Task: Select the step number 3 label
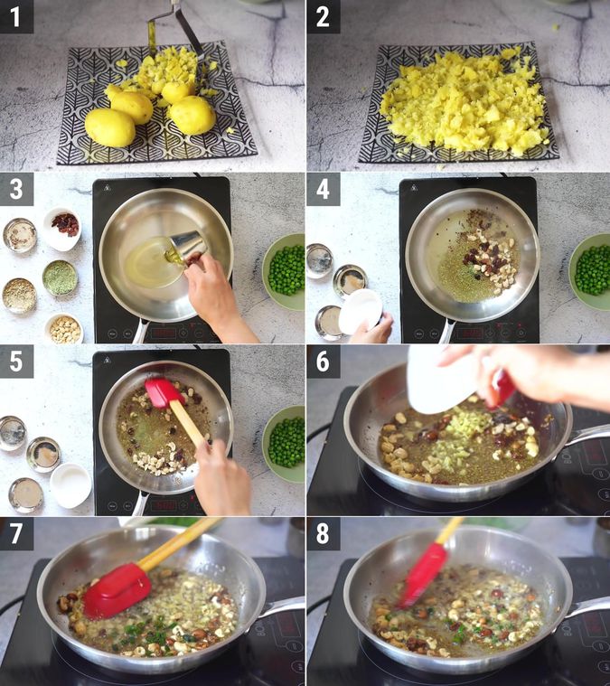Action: click(x=16, y=190)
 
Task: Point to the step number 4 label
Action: click(x=323, y=190)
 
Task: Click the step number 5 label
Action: click(x=16, y=362)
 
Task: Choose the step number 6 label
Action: click(x=323, y=362)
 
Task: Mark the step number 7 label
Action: click(x=16, y=533)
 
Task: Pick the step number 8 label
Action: click(x=323, y=533)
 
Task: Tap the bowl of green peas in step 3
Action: click(x=286, y=270)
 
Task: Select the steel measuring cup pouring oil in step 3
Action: click(x=187, y=246)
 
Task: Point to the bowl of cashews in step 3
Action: click(x=64, y=329)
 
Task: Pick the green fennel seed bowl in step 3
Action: click(x=61, y=277)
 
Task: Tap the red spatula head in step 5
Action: click(x=164, y=392)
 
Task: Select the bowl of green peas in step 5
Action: click(x=286, y=443)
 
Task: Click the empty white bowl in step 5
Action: click(x=70, y=485)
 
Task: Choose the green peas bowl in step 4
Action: click(x=592, y=270)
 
